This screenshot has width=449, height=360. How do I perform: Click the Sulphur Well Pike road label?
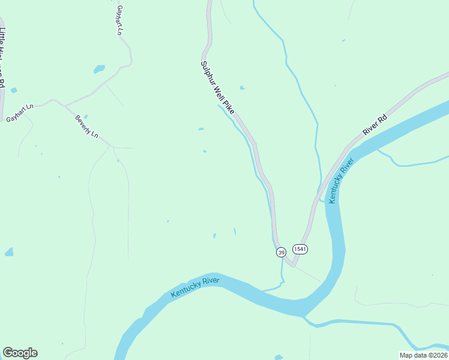point(217,88)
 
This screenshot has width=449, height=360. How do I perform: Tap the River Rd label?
point(376,122)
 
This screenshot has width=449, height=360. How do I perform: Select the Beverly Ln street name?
point(86,126)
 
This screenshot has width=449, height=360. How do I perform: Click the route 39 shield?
point(281,253)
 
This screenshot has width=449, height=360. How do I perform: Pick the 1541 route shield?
point(300,248)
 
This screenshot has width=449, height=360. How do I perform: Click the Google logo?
point(20,353)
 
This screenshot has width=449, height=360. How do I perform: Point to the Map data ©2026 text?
point(423,355)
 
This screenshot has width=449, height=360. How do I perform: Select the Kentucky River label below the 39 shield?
point(195,287)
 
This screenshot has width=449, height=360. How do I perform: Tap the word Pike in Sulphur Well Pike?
point(229,107)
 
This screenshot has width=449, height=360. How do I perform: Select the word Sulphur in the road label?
point(206,71)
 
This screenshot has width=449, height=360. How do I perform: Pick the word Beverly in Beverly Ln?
point(83,122)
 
